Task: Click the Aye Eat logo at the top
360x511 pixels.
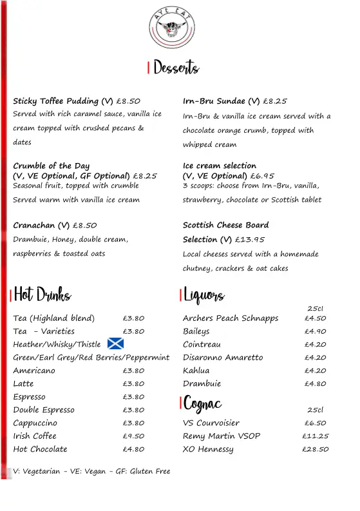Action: tap(171, 29)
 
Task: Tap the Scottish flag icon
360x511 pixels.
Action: tap(115, 344)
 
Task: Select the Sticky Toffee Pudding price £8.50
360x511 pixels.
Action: tap(128, 101)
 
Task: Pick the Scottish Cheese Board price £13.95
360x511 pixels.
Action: tap(250, 240)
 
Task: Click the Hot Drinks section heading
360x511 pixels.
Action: tap(43, 295)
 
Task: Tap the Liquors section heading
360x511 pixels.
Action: tap(204, 295)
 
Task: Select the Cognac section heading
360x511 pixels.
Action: tap(203, 403)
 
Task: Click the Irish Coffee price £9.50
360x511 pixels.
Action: tap(133, 436)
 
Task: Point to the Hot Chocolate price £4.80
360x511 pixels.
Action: tap(133, 449)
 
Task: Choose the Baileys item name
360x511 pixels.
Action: tap(196, 331)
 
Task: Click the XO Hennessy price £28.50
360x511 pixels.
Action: tap(315, 449)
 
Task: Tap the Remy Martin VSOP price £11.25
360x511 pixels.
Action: tap(315, 436)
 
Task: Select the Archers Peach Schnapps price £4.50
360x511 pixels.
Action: tap(315, 318)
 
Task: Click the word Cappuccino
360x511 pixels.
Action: tap(35, 423)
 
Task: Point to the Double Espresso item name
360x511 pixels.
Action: tap(44, 410)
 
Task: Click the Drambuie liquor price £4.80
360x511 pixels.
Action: tap(315, 383)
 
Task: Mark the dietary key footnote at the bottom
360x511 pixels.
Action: tap(91, 472)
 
